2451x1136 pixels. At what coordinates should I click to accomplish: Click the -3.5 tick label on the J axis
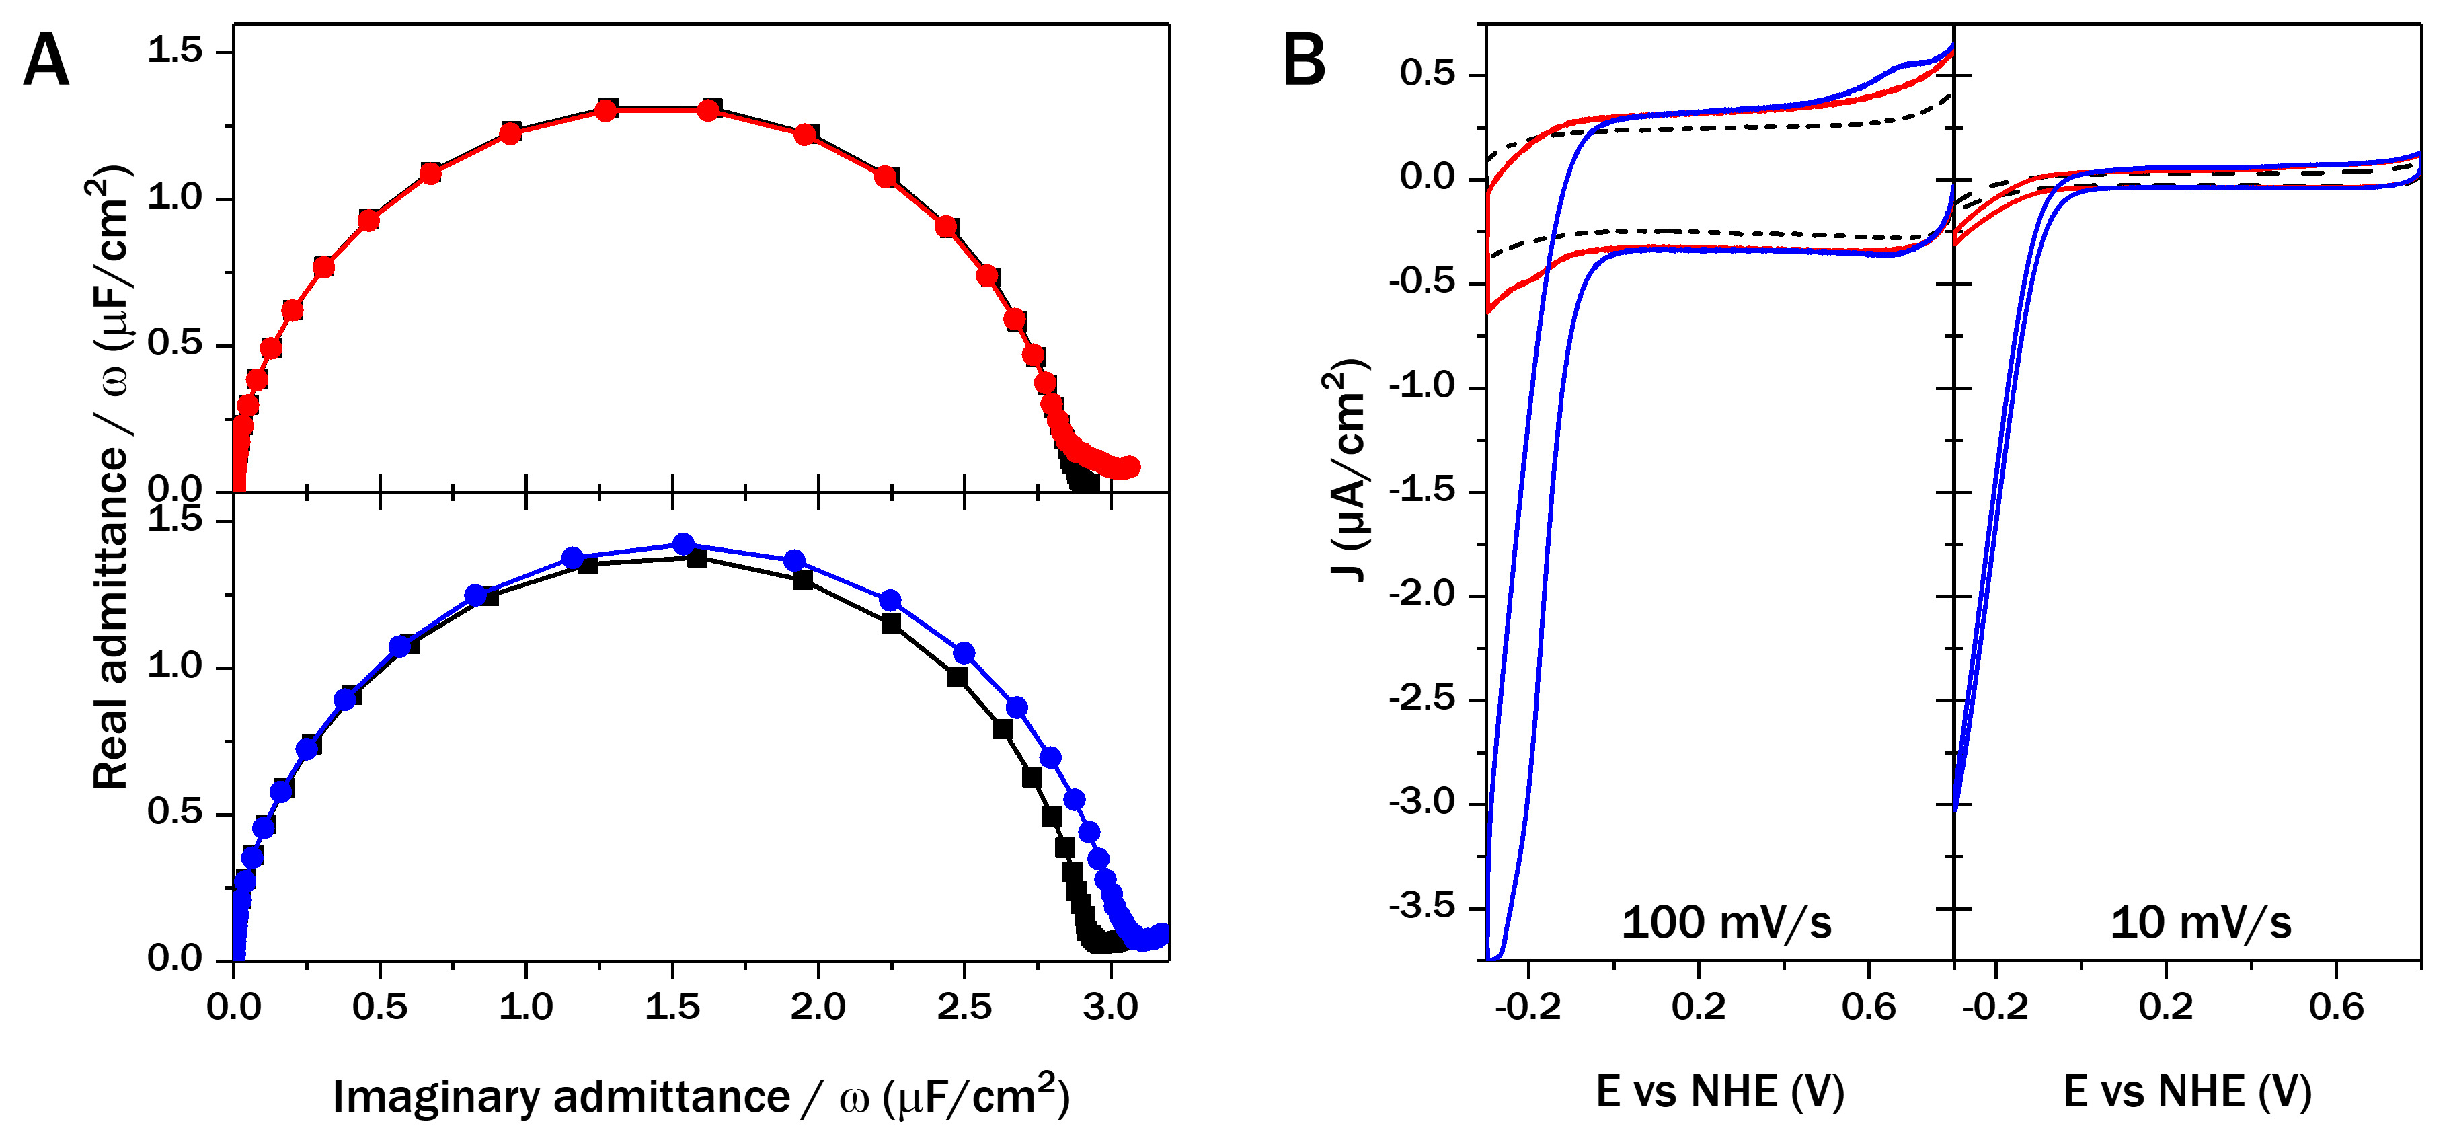coord(1422,906)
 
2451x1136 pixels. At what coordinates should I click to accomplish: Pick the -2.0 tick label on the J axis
coord(1422,594)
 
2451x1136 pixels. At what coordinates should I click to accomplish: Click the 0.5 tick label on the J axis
coord(1428,73)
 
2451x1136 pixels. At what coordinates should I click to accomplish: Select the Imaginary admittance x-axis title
coord(701,1096)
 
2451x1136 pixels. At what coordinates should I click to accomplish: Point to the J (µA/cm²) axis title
coord(1346,471)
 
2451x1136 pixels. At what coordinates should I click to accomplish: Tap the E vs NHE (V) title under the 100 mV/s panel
coord(1719,1092)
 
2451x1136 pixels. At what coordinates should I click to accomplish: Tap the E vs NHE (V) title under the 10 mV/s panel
coord(2187,1092)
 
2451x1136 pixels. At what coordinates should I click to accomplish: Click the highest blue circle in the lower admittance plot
coord(683,544)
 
